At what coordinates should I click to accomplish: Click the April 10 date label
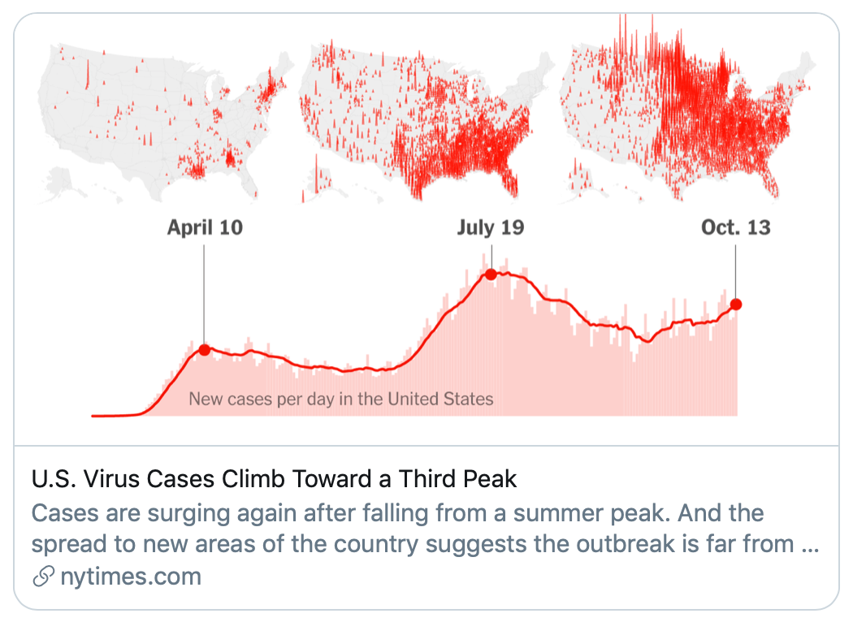[x=205, y=227]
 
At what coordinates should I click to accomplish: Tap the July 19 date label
[x=490, y=227]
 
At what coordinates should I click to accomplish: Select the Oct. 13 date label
[x=735, y=227]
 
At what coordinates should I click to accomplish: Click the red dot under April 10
[x=205, y=350]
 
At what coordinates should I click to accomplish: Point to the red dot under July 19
[x=491, y=274]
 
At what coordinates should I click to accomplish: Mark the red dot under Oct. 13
[x=736, y=305]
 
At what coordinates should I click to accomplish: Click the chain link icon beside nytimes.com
[x=44, y=577]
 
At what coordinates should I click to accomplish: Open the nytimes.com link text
[x=131, y=577]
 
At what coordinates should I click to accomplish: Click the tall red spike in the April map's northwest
[x=88, y=75]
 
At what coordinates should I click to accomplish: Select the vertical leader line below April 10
[x=205, y=294]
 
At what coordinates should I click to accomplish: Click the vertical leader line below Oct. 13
[x=735, y=271]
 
